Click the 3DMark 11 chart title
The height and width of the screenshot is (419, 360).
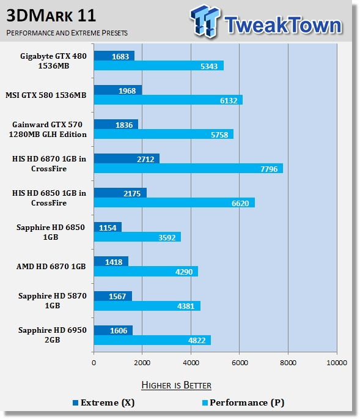click(x=51, y=16)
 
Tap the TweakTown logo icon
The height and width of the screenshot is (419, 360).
click(x=205, y=21)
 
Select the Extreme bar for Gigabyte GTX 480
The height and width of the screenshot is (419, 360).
click(x=114, y=56)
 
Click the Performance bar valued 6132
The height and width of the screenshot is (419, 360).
click(x=168, y=100)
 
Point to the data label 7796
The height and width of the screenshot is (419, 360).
click(x=269, y=169)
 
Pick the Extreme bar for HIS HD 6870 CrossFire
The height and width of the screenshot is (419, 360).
click(x=127, y=158)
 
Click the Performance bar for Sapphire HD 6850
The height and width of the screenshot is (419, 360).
click(x=138, y=237)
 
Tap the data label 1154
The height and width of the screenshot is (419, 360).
click(x=108, y=228)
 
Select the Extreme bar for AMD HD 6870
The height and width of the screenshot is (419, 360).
click(x=111, y=261)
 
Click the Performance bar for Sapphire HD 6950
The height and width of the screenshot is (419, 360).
click(x=152, y=340)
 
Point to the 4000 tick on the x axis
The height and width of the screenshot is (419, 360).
click(x=191, y=363)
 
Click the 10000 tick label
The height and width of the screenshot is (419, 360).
click(x=337, y=363)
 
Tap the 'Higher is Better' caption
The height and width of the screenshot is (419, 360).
click(x=176, y=385)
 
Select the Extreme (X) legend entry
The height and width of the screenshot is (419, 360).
click(x=104, y=402)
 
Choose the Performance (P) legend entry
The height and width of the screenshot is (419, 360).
click(x=243, y=402)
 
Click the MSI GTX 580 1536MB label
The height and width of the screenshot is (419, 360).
click(x=46, y=95)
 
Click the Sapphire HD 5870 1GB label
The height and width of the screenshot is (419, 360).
click(x=53, y=300)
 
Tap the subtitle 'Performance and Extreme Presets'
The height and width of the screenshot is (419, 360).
click(x=67, y=33)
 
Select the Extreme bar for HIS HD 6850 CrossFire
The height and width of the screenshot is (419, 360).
click(x=120, y=193)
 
